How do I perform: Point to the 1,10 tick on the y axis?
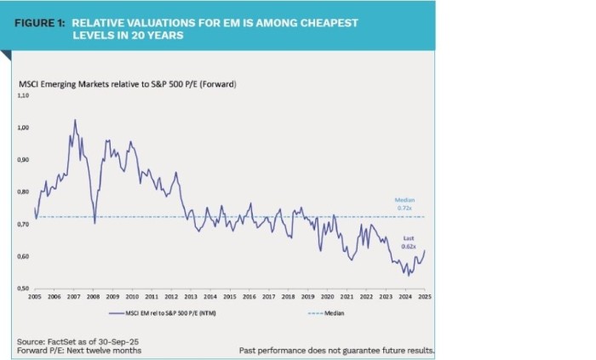23,96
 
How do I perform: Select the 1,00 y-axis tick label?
23,128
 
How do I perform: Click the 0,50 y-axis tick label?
23,289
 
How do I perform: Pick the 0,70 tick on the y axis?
23,225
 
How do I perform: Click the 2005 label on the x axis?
35,297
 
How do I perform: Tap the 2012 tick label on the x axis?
171,297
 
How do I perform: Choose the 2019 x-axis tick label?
307,297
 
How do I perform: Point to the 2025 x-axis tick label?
424,297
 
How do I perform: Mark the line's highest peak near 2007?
74,120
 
